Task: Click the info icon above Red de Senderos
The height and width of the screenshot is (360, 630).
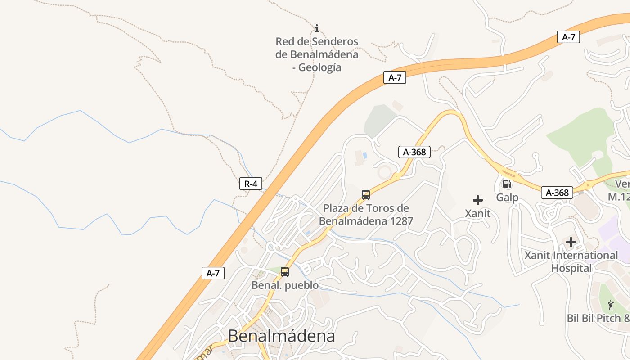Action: [x=317, y=29]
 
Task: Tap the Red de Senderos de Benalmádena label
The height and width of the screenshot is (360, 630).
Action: [x=317, y=54]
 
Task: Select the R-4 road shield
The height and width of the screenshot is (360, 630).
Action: [x=251, y=184]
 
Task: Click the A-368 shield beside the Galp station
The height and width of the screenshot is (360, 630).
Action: [x=557, y=193]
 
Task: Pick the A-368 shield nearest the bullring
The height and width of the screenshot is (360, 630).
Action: [x=414, y=152]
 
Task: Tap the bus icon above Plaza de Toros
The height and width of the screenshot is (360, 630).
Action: [x=366, y=195]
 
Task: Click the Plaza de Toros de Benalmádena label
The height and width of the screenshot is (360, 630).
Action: [x=366, y=215]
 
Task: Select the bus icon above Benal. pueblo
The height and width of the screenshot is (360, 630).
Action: [x=285, y=272]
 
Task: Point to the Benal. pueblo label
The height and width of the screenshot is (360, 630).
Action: [x=285, y=285]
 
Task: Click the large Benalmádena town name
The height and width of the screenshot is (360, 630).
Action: [x=282, y=336]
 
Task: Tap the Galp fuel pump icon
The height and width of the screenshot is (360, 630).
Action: [x=507, y=184]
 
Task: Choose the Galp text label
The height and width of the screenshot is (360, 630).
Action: [x=507, y=198]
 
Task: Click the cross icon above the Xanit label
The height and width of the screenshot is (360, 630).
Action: [x=478, y=200]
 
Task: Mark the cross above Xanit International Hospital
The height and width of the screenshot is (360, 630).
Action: [x=571, y=242]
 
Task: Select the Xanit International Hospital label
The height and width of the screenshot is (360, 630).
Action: [x=571, y=262]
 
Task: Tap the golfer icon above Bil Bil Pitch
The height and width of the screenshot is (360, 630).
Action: [x=611, y=305]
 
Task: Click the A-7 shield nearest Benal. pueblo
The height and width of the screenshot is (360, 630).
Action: [x=213, y=273]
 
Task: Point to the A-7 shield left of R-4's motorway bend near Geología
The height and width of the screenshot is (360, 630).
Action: [x=395, y=78]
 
